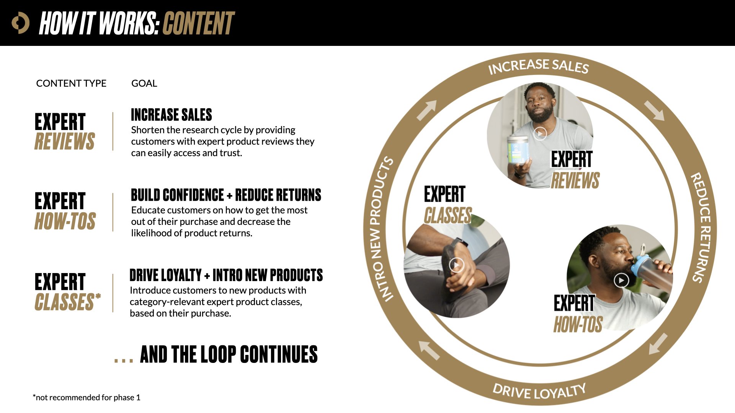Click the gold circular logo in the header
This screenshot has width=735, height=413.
(x=20, y=23)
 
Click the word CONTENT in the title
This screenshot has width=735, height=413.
(x=198, y=23)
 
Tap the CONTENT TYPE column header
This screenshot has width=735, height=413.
(x=71, y=83)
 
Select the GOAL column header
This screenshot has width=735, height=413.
(x=144, y=83)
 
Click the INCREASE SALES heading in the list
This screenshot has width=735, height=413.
(x=171, y=115)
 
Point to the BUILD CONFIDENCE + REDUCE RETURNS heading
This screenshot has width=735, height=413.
(x=226, y=195)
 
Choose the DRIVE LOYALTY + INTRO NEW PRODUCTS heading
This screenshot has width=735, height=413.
(x=226, y=275)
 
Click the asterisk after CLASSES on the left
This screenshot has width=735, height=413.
(x=98, y=296)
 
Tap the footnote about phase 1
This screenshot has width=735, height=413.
(x=87, y=397)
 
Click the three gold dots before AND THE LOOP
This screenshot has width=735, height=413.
(x=124, y=360)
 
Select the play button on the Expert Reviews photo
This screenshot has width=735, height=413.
(x=540, y=133)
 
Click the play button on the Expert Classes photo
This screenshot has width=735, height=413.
(x=456, y=265)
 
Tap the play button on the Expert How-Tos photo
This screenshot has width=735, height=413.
(x=621, y=280)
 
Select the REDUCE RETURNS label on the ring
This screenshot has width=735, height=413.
(x=701, y=228)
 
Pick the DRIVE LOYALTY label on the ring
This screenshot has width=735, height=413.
(x=539, y=391)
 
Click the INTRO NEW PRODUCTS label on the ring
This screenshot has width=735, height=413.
(x=381, y=229)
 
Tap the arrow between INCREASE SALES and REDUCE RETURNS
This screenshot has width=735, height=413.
(x=654, y=111)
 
